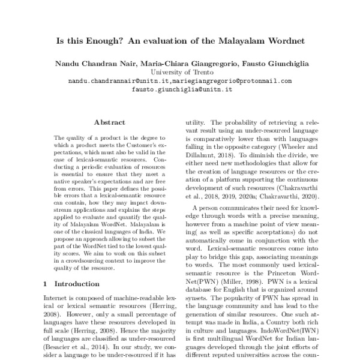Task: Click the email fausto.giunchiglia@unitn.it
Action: pyautogui.click(x=181, y=89)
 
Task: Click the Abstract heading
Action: pyautogui.click(x=110, y=121)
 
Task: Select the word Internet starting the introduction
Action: pyautogui.click(x=58, y=296)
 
